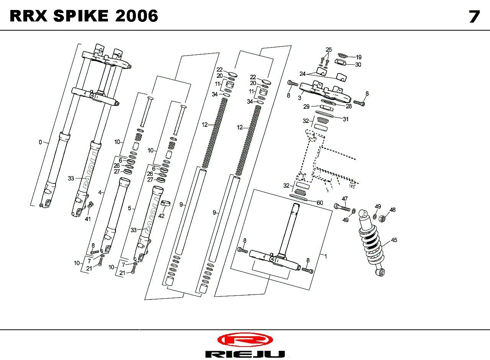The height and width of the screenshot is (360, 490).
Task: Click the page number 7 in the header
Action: click(x=474, y=16)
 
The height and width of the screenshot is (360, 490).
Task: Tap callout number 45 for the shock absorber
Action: click(x=394, y=240)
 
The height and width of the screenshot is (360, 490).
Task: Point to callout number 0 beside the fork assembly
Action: click(x=40, y=142)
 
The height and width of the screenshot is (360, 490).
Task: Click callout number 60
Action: click(x=320, y=203)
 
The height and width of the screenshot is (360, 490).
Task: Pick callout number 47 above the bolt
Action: click(x=345, y=199)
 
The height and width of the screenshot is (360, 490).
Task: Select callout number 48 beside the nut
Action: click(x=392, y=210)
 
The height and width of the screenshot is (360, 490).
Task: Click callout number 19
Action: click(x=358, y=57)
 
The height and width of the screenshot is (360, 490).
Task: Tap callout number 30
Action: click(x=358, y=65)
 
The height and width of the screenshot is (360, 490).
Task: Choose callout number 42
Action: click(x=161, y=216)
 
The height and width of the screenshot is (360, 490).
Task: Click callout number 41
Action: click(x=88, y=219)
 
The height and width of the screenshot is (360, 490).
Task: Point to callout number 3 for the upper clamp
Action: click(x=299, y=98)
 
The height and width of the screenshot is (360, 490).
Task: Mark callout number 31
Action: click(x=346, y=119)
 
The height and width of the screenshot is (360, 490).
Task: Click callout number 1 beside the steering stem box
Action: click(x=326, y=256)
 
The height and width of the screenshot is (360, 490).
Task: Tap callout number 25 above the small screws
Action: click(x=329, y=50)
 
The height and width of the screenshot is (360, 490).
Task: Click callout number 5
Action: click(x=129, y=208)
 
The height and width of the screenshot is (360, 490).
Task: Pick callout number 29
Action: click(x=306, y=106)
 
